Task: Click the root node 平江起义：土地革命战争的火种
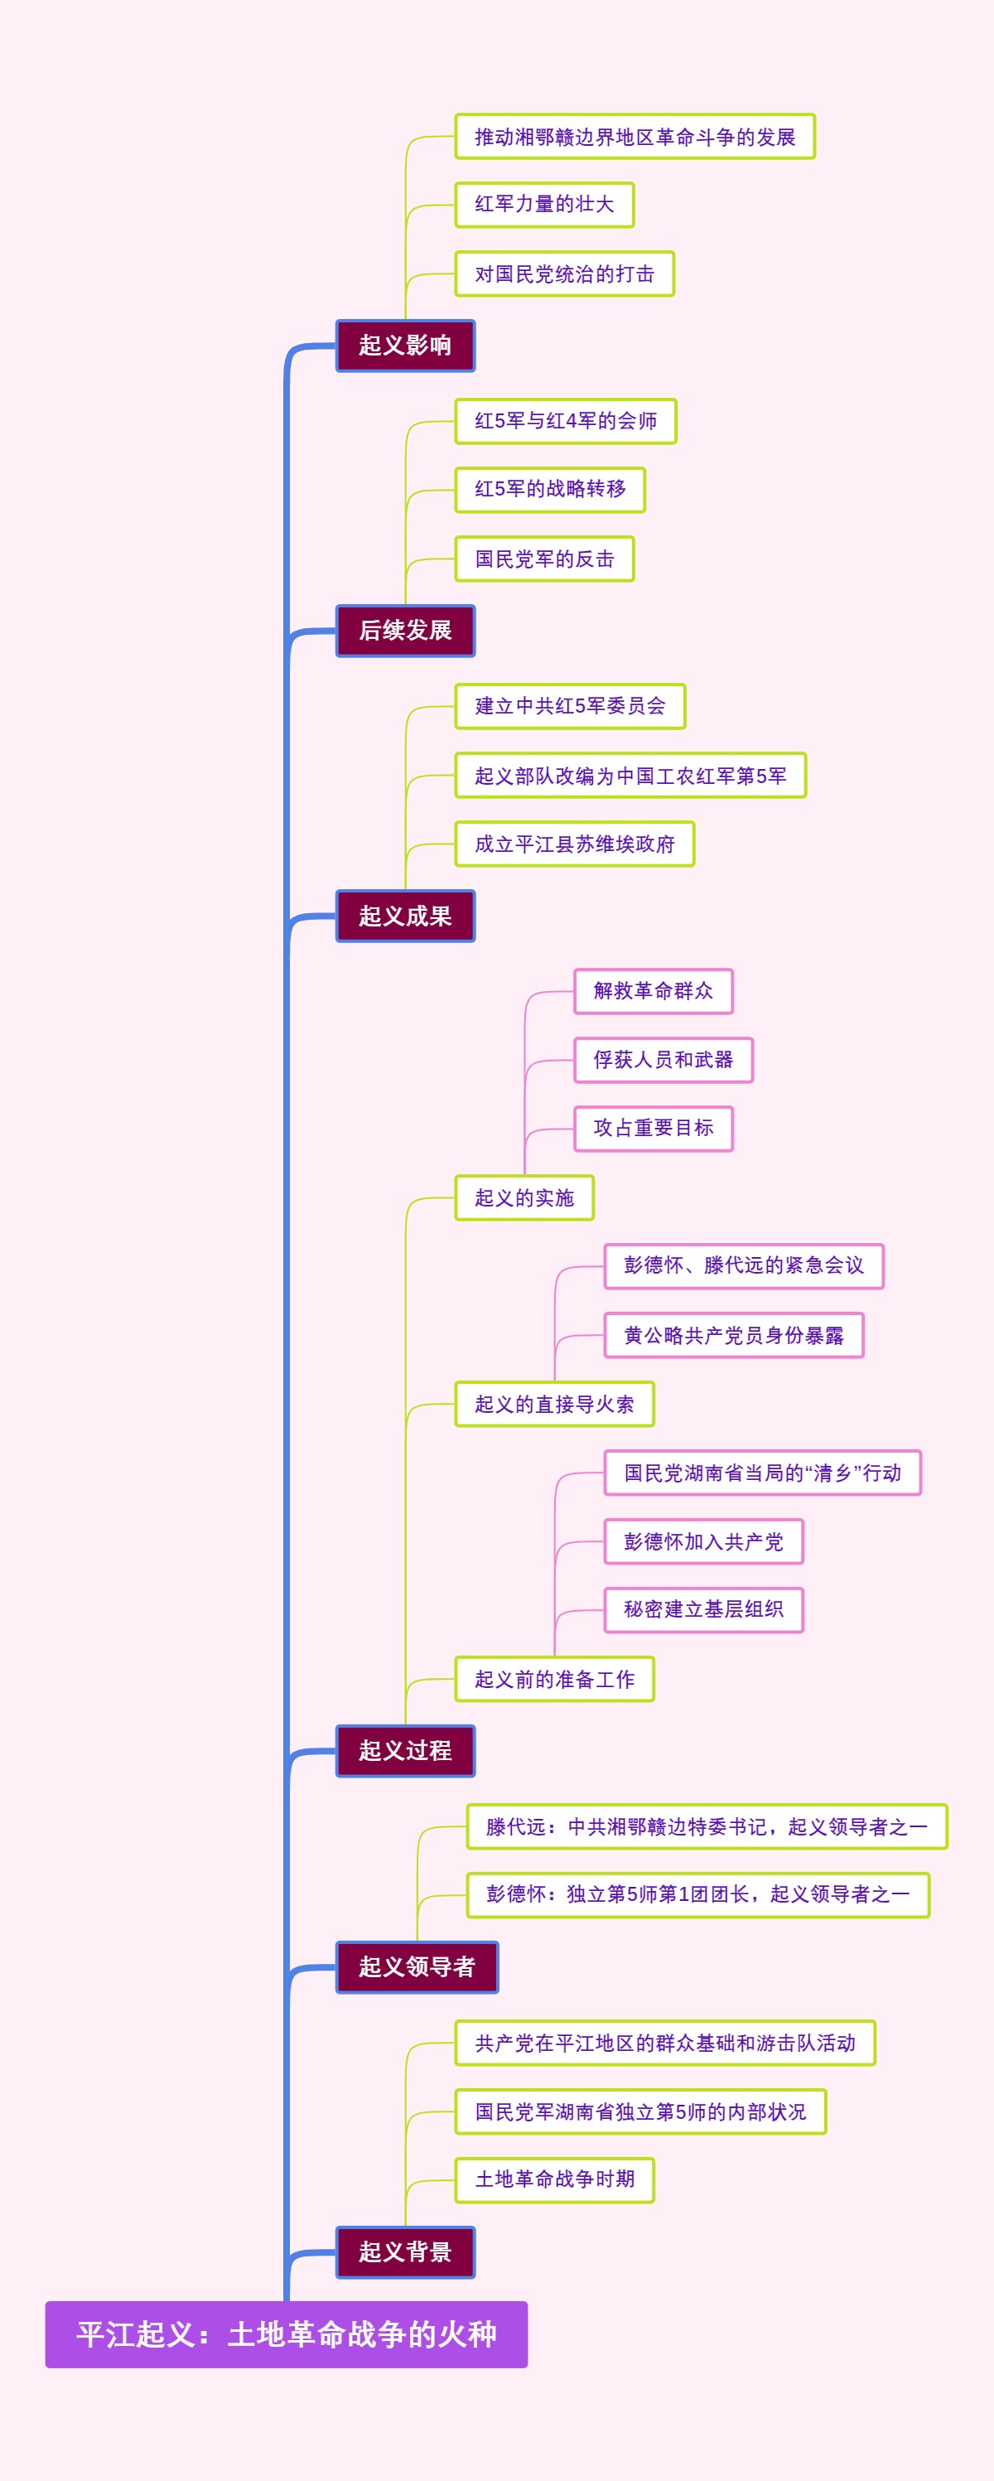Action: [286, 2333]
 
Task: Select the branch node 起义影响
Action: [404, 345]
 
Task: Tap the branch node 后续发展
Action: [404, 630]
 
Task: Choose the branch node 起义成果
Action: [404, 915]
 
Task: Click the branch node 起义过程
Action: [404, 1750]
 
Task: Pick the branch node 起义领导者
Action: [416, 1966]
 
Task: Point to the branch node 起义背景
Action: [404, 2251]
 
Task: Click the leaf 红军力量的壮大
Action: [544, 204]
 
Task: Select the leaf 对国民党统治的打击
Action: [564, 273]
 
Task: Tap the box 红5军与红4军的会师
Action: [566, 421]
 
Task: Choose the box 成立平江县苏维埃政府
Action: [574, 844]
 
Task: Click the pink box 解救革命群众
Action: [653, 991]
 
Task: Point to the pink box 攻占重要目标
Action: [653, 1128]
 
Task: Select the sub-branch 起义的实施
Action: [524, 1197]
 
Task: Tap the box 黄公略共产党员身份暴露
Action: [733, 1335]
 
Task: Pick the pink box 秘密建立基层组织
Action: [703, 1609]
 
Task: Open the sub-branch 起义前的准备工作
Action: [554, 1679]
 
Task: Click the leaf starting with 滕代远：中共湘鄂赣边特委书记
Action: [706, 1826]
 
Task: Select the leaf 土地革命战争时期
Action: [554, 2179]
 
